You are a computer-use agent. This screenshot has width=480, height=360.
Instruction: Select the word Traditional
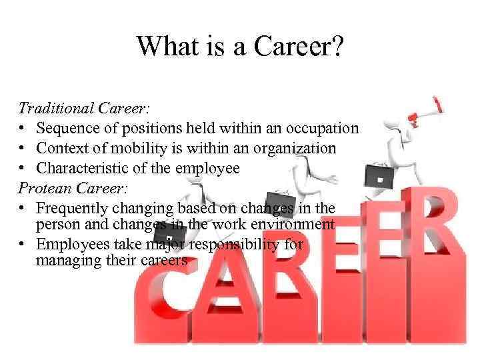click(x=56, y=107)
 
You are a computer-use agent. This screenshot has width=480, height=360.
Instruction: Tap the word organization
click(x=297, y=147)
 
